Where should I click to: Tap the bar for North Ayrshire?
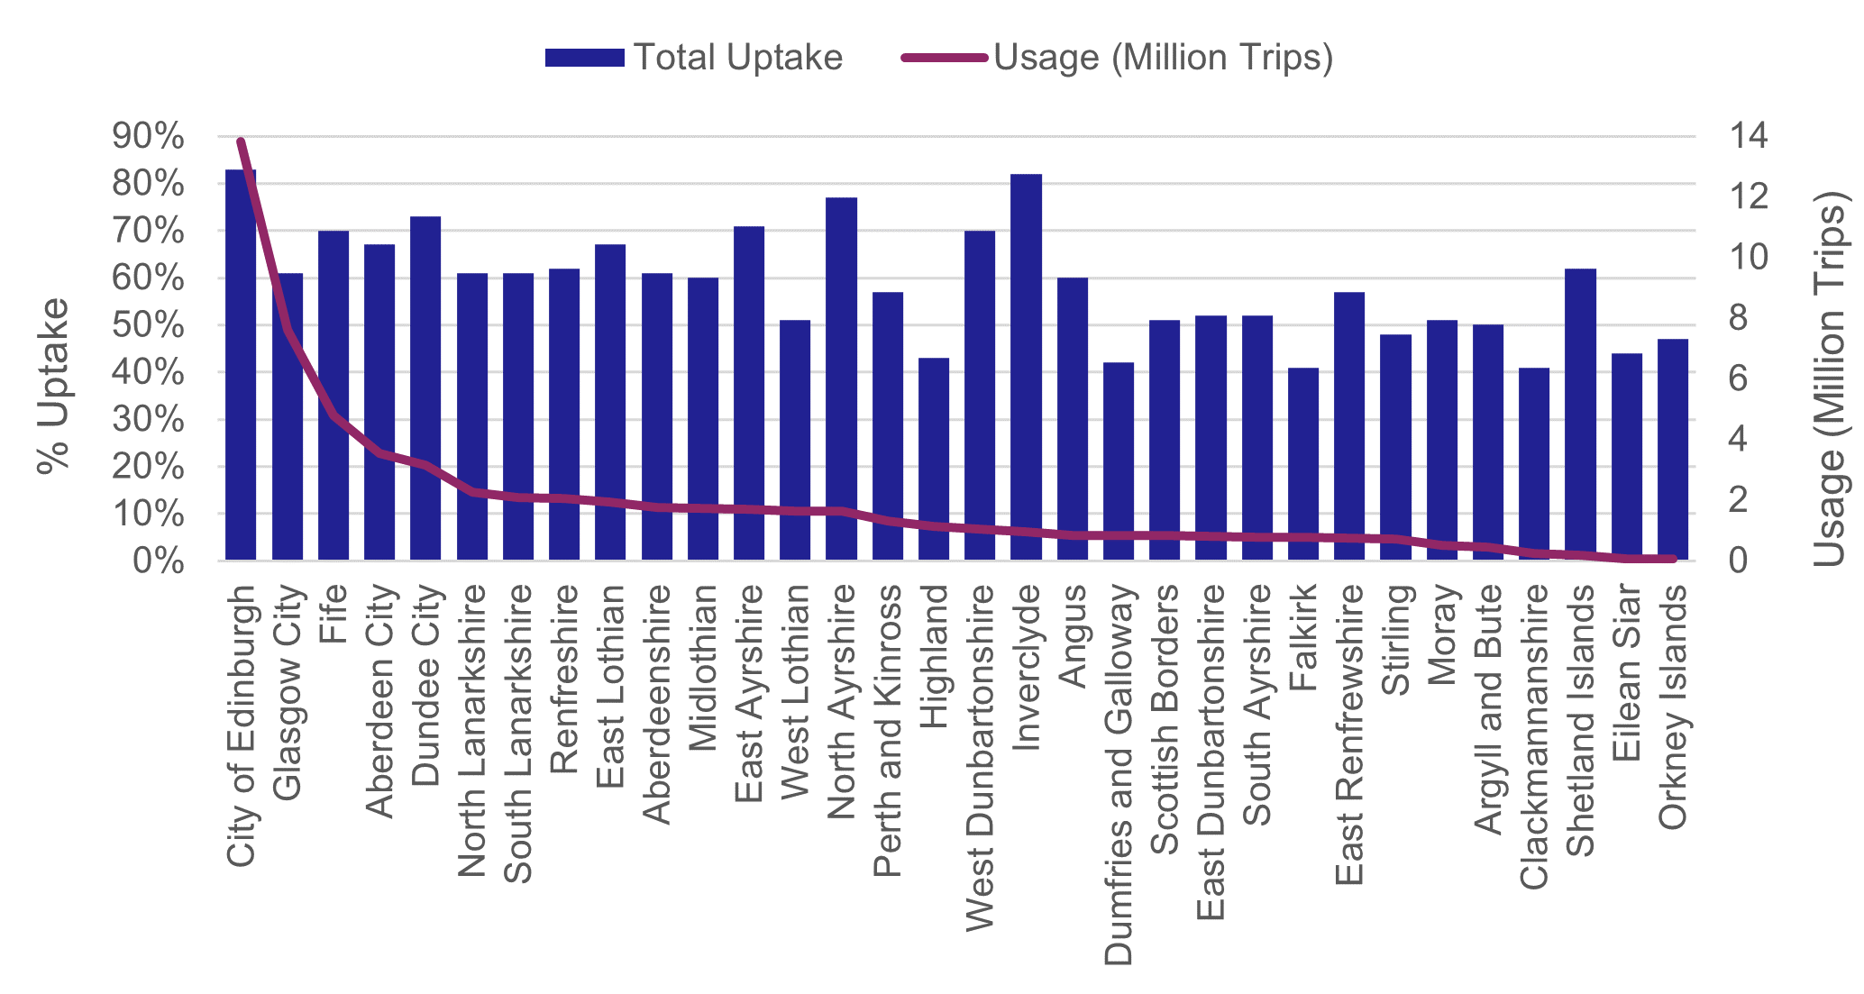pyautogui.click(x=841, y=378)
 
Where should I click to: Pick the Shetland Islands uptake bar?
pyautogui.click(x=1580, y=415)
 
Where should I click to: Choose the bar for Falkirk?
pyautogui.click(x=1303, y=464)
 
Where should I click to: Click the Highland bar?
pyautogui.click(x=934, y=460)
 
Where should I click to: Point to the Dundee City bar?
pyautogui.click(x=425, y=388)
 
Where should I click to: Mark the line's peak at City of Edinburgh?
pyautogui.click(x=241, y=141)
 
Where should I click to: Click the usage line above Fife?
pyautogui.click(x=334, y=415)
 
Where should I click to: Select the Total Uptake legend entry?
pyautogui.click(x=694, y=58)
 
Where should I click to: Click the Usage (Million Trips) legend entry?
pyautogui.click(x=1118, y=58)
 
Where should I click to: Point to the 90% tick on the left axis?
pyautogui.click(x=149, y=137)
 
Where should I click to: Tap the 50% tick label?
pyautogui.click(x=149, y=325)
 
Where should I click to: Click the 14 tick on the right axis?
pyautogui.click(x=1749, y=137)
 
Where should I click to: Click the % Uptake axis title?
pyautogui.click(x=52, y=385)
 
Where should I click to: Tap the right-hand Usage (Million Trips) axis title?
pyautogui.click(x=1830, y=378)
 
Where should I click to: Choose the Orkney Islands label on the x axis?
pyautogui.click(x=1673, y=707)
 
